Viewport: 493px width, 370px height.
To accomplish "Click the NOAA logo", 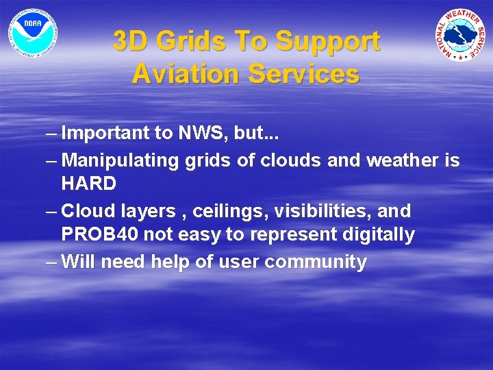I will click(x=33, y=32).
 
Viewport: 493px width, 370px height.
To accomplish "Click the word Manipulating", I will click(x=121, y=160).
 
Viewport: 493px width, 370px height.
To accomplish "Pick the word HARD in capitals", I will click(x=88, y=184).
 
